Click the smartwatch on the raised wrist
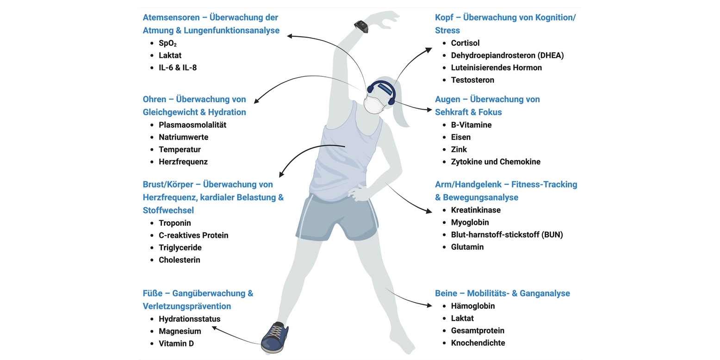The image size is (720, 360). tap(361, 26)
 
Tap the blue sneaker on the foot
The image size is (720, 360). tap(275, 337)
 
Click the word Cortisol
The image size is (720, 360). tap(465, 43)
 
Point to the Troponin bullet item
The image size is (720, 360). tap(175, 223)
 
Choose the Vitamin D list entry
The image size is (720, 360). tap(176, 344)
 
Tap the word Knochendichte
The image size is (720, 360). tap(478, 343)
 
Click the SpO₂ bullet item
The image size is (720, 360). tap(168, 43)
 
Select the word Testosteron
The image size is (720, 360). tap(472, 80)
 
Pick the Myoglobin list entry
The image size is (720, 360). tap(470, 223)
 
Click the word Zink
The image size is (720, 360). tap(459, 149)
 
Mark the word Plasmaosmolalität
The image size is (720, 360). tap(192, 125)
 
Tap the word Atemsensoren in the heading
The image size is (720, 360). tap(171, 18)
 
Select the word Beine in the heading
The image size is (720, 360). tap(446, 293)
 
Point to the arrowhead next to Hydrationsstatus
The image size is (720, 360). tap(214, 328)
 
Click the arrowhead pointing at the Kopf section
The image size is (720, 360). tap(428, 50)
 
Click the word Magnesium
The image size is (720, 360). tap(180, 331)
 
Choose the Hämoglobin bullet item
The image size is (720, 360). tap(473, 306)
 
